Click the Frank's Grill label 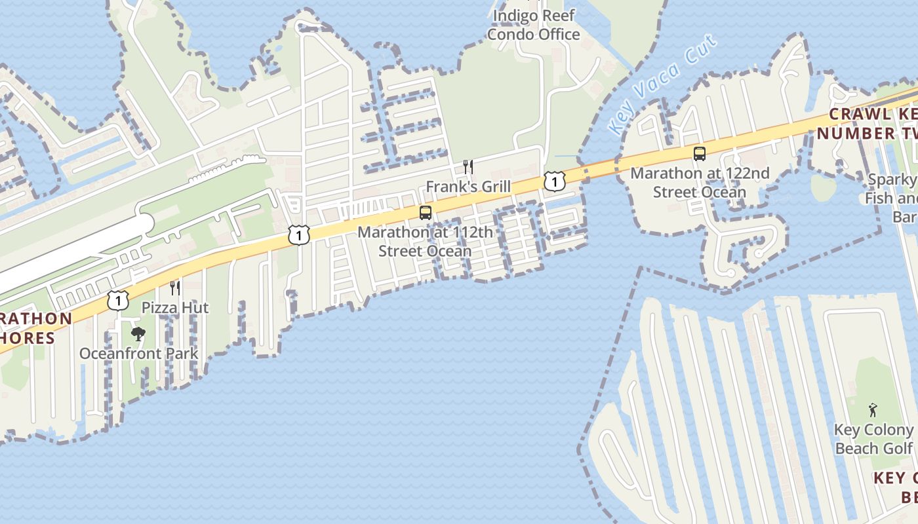tap(468, 187)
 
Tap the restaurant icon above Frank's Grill tap(468, 167)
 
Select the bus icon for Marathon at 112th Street tap(426, 213)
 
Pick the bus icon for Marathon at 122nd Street tap(700, 155)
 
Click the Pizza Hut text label tap(175, 307)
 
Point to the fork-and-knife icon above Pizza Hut tap(174, 288)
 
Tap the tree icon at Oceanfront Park tap(138, 334)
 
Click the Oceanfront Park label tap(138, 354)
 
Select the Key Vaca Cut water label tap(662, 85)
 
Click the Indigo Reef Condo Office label tap(534, 25)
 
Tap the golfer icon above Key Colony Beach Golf tap(873, 411)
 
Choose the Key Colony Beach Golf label tap(873, 440)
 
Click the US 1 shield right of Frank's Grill tap(555, 181)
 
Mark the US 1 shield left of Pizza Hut tap(117, 300)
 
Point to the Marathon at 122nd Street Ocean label tap(700, 183)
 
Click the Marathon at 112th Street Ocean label tap(425, 242)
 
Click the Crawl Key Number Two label tap(872, 124)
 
